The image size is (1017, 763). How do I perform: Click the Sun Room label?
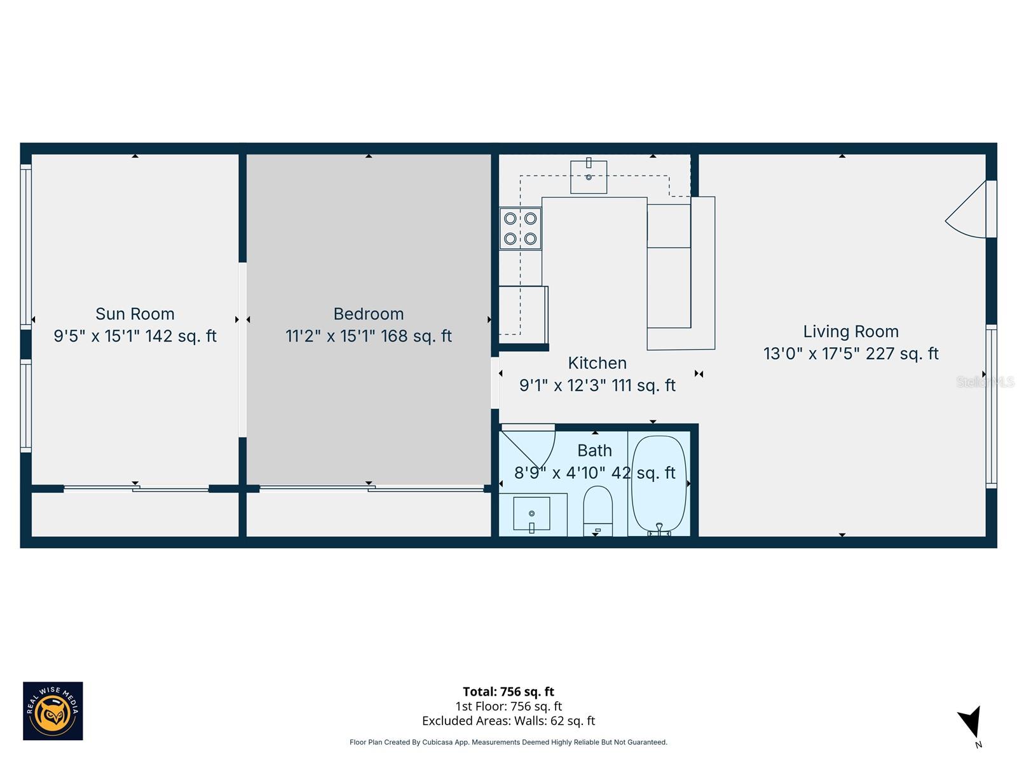(x=135, y=314)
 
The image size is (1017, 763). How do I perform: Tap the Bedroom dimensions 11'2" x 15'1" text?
(x=369, y=336)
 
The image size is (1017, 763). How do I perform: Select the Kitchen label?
(x=597, y=363)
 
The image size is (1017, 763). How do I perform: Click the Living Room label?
(x=850, y=332)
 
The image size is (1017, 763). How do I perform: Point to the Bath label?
(x=594, y=451)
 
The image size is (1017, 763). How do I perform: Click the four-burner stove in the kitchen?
(x=521, y=229)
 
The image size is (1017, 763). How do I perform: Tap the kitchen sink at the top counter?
(x=589, y=176)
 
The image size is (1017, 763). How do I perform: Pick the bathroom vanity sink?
(x=532, y=514)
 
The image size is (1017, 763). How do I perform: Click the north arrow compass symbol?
(x=971, y=724)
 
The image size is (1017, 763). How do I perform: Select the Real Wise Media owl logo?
(x=53, y=711)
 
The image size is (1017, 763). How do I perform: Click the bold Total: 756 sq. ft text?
(x=508, y=692)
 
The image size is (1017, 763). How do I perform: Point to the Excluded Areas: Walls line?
(x=508, y=721)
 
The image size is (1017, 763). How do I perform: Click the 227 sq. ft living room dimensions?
(x=850, y=354)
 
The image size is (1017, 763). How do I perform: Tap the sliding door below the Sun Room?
(x=136, y=488)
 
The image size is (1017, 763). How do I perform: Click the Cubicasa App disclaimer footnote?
(x=508, y=742)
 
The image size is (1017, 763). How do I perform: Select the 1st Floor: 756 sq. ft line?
(x=508, y=706)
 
